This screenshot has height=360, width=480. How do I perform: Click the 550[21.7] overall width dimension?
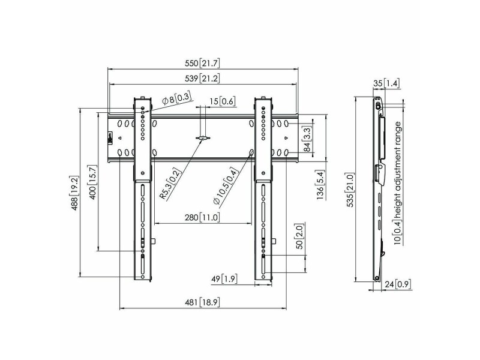click(202, 64)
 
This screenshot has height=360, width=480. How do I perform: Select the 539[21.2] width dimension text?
click(202, 79)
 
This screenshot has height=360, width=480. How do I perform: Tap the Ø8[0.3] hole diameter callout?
click(176, 99)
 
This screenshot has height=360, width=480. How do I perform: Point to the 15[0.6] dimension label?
click(223, 101)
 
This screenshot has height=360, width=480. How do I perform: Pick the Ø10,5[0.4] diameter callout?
click(226, 186)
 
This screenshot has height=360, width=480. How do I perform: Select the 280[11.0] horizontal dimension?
click(202, 218)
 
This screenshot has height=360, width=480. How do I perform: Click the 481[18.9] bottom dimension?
click(202, 302)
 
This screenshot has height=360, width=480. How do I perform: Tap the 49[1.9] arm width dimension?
click(224, 279)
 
